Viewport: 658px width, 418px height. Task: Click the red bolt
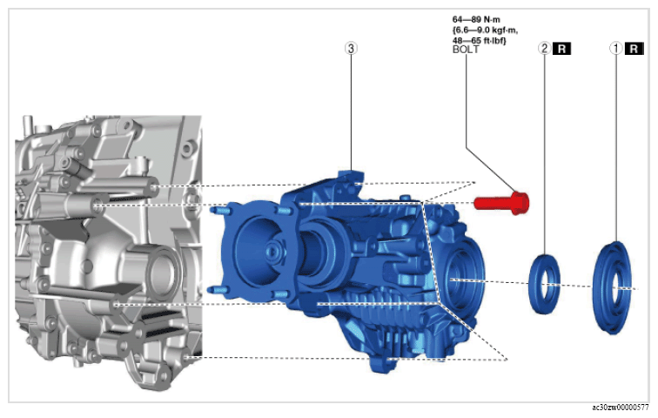tap(501, 203)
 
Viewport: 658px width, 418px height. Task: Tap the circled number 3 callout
tap(351, 48)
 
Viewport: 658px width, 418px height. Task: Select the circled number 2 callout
tap(544, 49)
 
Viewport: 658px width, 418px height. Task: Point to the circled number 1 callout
tap(615, 49)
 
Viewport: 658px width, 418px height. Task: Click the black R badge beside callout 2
tap(562, 49)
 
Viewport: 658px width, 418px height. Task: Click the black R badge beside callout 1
tap(634, 49)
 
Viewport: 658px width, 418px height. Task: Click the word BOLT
tap(466, 50)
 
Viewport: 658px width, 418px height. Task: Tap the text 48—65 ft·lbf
tap(480, 40)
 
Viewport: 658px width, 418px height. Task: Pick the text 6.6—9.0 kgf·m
tap(485, 30)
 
